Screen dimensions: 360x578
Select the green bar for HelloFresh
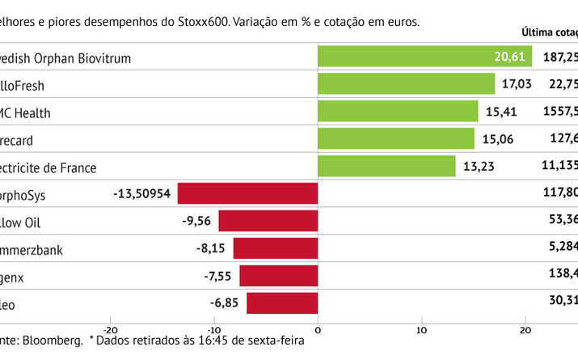406,84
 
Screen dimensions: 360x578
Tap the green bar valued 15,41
398,112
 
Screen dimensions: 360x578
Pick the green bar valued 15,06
396,139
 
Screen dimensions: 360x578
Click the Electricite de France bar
386,167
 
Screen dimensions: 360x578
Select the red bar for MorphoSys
247,193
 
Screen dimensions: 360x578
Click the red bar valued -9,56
268,221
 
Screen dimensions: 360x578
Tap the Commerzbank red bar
275,248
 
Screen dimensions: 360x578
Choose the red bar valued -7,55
278,276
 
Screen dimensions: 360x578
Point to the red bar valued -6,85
282,303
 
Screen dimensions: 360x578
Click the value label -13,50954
143,194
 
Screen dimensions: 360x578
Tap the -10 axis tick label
214,329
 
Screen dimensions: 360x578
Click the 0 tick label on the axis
318,329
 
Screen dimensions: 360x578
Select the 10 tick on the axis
421,329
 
